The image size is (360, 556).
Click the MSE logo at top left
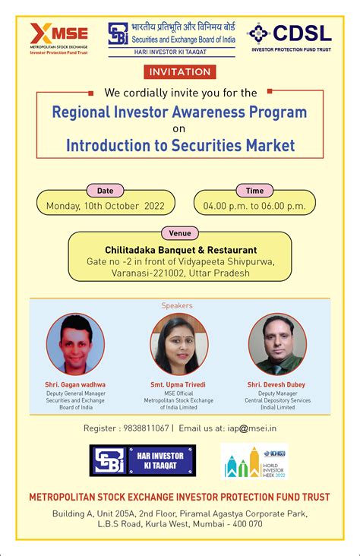coord(59,37)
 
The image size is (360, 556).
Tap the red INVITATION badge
coord(180,72)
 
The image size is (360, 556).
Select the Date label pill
coord(106,191)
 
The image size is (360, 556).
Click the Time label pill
coord(254,191)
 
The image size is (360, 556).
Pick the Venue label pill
coord(180,233)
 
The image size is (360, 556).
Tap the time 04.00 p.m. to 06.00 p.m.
coord(254,206)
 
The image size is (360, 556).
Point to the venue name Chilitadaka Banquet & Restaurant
coord(181,250)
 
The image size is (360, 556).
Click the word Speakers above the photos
coord(177,305)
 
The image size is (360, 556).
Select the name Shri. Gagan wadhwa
coord(75,385)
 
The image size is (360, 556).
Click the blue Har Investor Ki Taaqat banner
coord(142,461)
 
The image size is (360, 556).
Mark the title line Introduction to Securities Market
coord(180,144)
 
